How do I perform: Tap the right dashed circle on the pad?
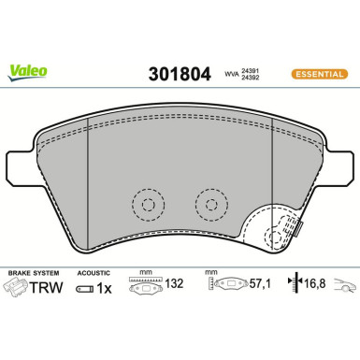point(208,203)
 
